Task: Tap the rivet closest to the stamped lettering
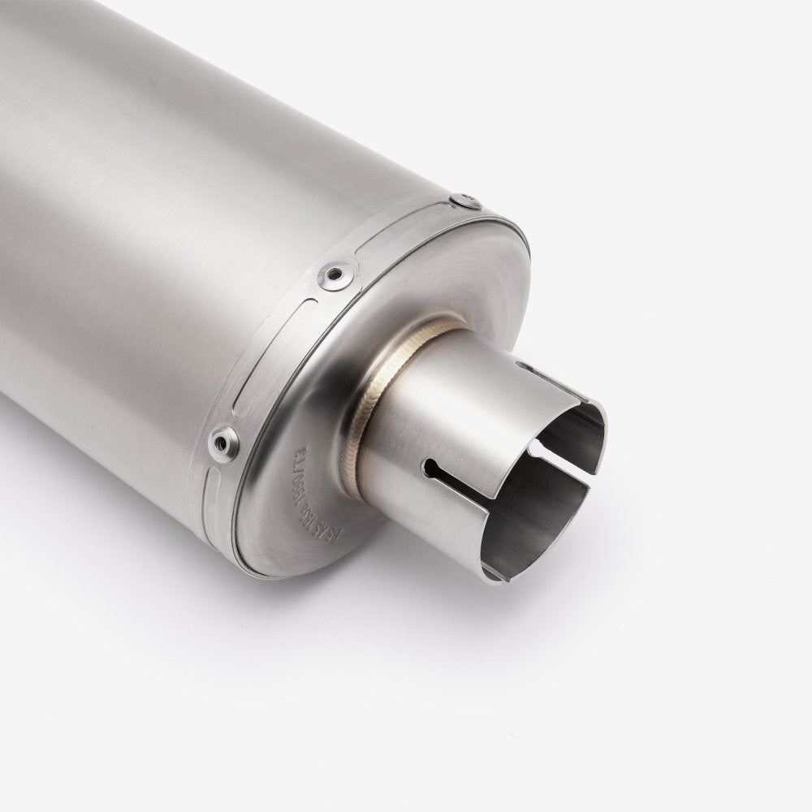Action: pyautogui.click(x=223, y=443)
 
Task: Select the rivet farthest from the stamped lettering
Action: pyautogui.click(x=466, y=200)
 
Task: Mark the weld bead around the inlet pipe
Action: pyautogui.click(x=382, y=382)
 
